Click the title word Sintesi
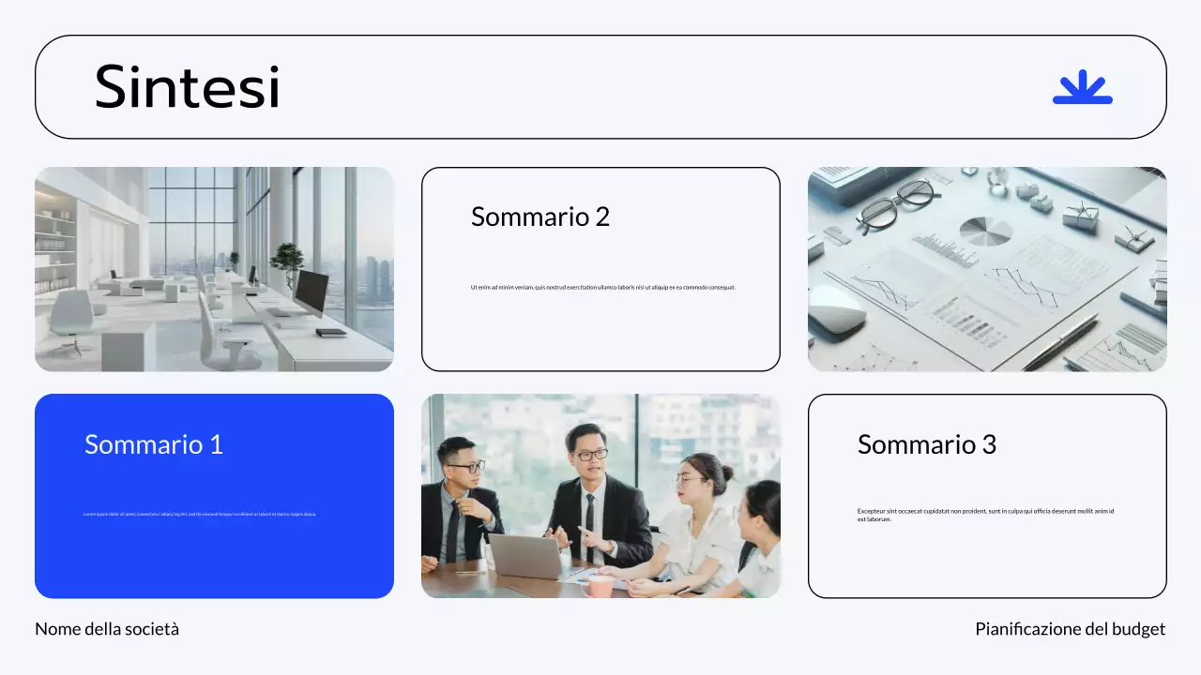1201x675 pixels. (187, 87)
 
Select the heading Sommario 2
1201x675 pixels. (540, 217)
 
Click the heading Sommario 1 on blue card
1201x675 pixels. (154, 444)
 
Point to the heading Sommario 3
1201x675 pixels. (926, 444)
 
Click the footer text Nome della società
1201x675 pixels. (107, 629)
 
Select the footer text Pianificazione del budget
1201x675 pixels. (1070, 629)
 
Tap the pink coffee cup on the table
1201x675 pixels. (598, 586)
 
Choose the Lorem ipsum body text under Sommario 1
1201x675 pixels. (200, 514)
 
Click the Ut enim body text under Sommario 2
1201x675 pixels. (602, 287)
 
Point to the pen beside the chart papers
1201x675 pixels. (1060, 341)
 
